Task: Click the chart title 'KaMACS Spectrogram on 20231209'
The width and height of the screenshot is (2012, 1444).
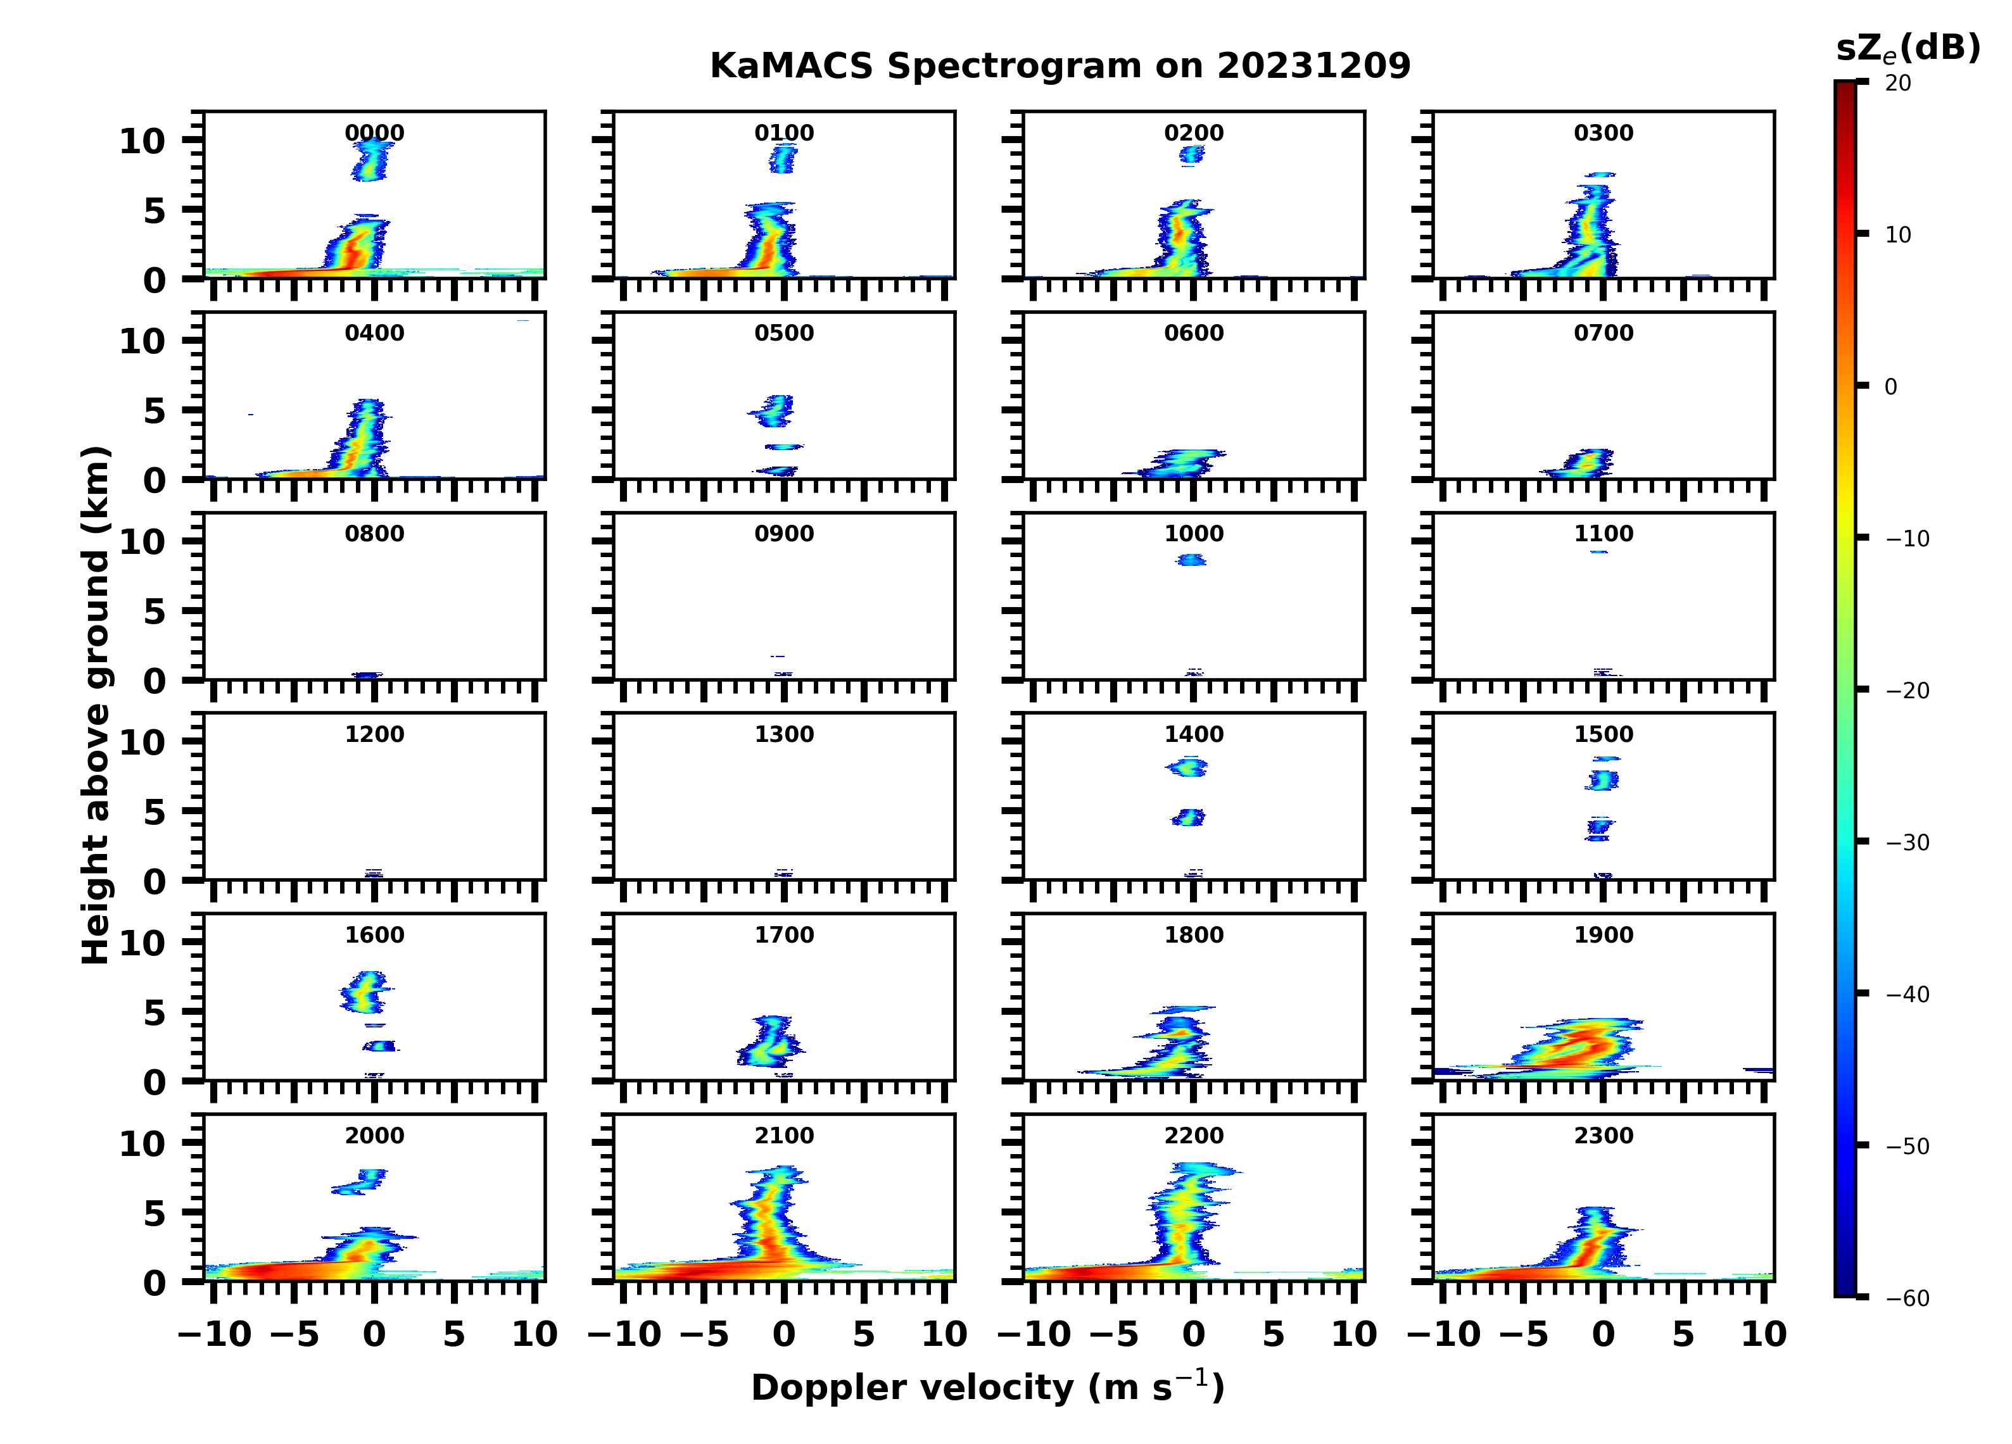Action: pos(1060,66)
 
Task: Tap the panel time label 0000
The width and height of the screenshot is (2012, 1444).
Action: pos(374,133)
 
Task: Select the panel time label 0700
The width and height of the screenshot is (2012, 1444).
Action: pos(1603,334)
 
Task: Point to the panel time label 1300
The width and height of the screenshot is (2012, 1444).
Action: pos(784,734)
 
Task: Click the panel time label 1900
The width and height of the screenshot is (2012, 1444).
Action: pos(1603,935)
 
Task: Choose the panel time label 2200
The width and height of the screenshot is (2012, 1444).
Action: pos(1193,1135)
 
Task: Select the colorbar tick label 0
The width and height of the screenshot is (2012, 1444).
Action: pos(1890,387)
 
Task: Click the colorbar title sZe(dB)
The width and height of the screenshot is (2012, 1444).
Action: pos(1908,48)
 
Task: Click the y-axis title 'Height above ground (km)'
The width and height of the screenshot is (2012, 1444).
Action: pos(96,705)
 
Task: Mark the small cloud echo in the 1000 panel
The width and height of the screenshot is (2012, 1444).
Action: pos(1191,560)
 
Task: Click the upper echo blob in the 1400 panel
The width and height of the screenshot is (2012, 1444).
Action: pos(1187,767)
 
